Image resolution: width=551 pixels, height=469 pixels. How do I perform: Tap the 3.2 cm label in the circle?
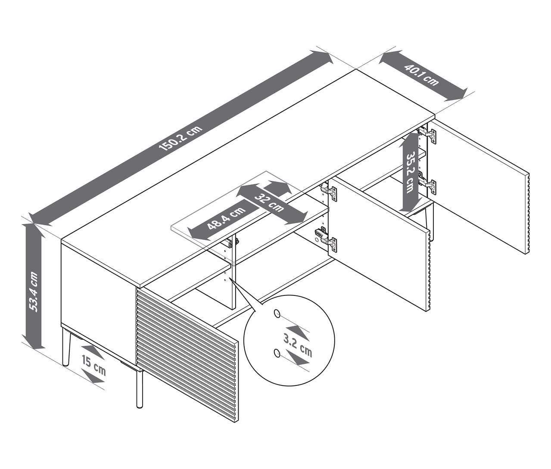click(x=297, y=345)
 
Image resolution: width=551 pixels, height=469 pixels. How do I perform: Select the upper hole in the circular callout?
click(x=277, y=314)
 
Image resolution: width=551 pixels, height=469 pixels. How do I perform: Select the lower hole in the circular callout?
click(x=277, y=354)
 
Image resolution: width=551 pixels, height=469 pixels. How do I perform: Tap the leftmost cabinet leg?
click(x=66, y=347)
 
